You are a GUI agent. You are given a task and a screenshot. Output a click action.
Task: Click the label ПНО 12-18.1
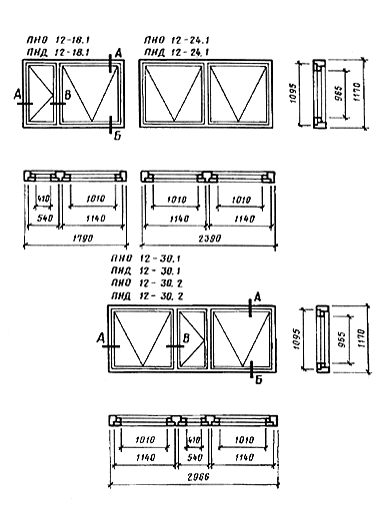point(61,40)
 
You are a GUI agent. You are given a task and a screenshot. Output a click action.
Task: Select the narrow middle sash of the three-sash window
point(191,341)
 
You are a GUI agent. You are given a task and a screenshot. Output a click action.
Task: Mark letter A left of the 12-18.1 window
point(18,92)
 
